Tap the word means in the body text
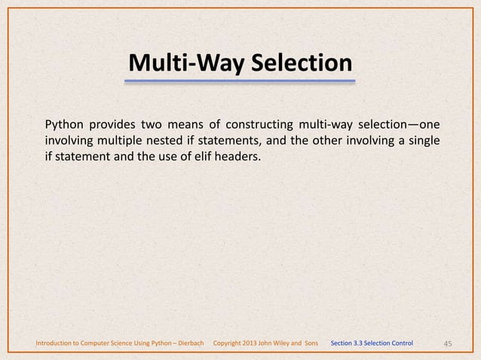click(188, 124)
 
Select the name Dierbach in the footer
click(188, 344)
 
